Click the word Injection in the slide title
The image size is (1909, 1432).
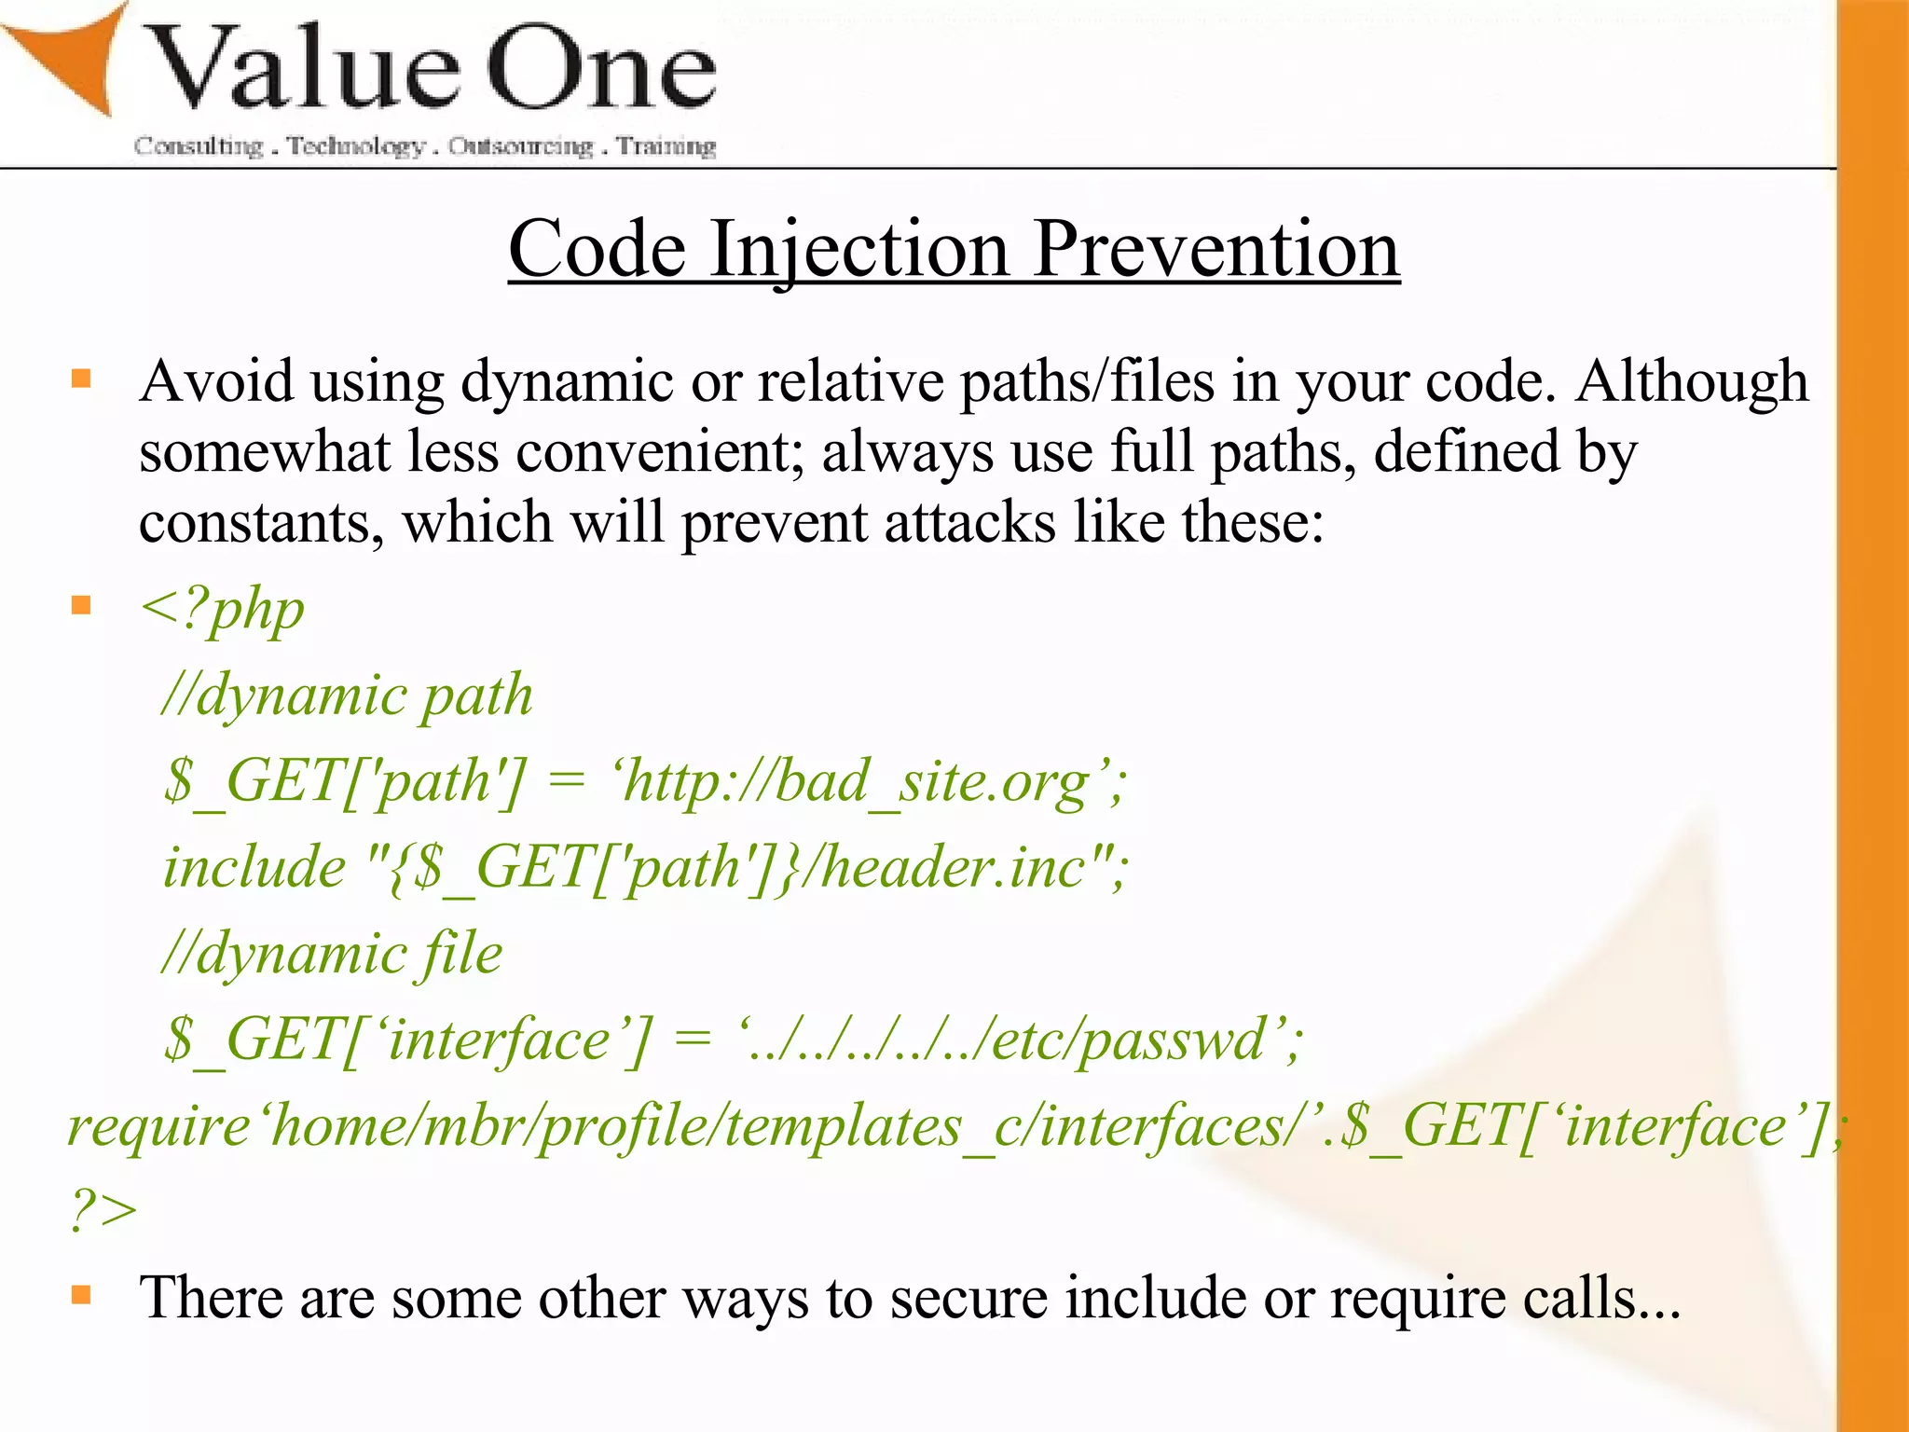pyautogui.click(x=859, y=250)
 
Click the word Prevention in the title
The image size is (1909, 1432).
pyautogui.click(x=1215, y=250)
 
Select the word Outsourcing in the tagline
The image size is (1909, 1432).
pyautogui.click(x=520, y=146)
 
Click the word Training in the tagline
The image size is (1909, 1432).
pyautogui.click(x=666, y=146)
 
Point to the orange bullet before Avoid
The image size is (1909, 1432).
pyautogui.click(x=82, y=379)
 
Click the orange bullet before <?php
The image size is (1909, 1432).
pyautogui.click(x=82, y=606)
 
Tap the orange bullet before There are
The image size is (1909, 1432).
pyautogui.click(x=82, y=1295)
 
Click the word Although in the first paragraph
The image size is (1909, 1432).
pyautogui.click(x=1691, y=382)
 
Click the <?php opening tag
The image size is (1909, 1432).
pyautogui.click(x=222, y=610)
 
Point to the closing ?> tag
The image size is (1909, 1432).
pyautogui.click(x=103, y=1210)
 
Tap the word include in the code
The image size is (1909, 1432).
pyautogui.click(x=254, y=867)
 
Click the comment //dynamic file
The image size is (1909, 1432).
pyautogui.click(x=332, y=953)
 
